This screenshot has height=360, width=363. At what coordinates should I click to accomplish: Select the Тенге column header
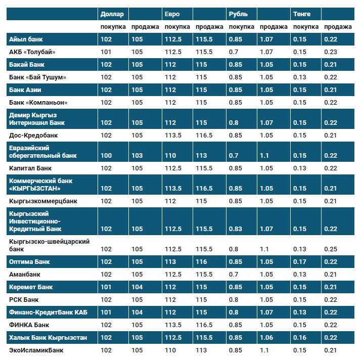(301, 14)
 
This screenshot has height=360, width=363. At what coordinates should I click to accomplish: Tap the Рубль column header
(238, 14)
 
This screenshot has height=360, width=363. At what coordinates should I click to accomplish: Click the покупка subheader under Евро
(177, 27)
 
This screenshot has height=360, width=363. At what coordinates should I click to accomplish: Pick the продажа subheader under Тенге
(338, 27)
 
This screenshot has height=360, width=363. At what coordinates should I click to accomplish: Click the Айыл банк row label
(25, 39)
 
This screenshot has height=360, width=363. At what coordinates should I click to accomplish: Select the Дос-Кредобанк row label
(33, 136)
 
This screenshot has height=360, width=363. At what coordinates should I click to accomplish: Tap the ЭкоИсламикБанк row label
(36, 350)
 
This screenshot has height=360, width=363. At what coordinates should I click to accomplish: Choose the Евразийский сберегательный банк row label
(43, 152)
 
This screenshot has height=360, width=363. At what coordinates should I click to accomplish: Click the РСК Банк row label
(24, 299)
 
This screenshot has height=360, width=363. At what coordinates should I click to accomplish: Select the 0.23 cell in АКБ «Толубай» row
(331, 52)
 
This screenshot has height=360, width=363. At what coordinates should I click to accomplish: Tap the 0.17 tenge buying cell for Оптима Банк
(300, 262)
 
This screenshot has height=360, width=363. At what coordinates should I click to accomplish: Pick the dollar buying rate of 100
(106, 156)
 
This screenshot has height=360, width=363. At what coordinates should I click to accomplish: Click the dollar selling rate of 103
(137, 156)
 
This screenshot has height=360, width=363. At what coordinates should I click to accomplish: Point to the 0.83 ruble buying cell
(235, 229)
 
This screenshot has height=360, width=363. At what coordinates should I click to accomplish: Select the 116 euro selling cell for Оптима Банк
(201, 262)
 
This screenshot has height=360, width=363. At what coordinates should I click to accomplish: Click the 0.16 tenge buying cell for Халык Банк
(300, 337)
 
